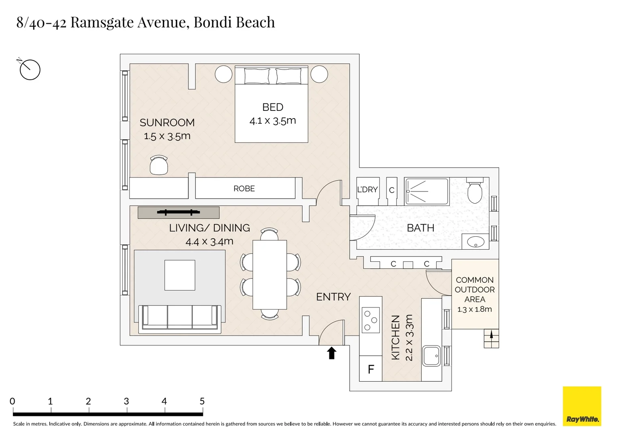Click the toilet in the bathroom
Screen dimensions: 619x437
point(475,190)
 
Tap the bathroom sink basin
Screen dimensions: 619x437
point(476,242)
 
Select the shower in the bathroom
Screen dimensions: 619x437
point(427,191)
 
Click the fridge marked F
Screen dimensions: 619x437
point(371,369)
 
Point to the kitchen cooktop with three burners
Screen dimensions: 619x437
point(371,320)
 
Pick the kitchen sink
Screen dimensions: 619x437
point(431,356)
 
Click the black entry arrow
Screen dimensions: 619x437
point(332,353)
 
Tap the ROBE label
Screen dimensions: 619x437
point(244,189)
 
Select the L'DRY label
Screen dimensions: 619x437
point(367,190)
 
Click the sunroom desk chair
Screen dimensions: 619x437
point(159,165)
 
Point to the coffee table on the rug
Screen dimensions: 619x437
point(179,275)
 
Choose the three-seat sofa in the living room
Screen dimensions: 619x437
point(179,317)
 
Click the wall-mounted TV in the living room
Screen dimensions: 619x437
point(179,212)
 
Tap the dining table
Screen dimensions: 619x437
point(270,275)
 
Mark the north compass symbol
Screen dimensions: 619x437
point(29,69)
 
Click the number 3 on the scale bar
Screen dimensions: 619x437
point(126,401)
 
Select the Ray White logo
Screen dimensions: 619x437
point(582,406)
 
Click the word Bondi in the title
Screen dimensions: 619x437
point(212,22)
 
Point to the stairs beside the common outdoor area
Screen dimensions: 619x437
point(491,338)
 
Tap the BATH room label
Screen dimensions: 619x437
point(420,228)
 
